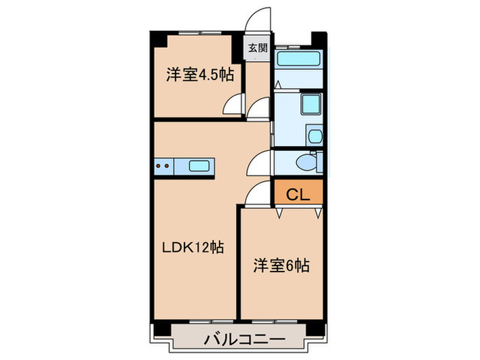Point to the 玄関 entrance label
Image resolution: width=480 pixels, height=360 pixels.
(x=258, y=48)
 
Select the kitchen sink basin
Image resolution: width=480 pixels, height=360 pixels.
(x=200, y=165)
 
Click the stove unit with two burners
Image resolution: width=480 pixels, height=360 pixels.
(x=164, y=165)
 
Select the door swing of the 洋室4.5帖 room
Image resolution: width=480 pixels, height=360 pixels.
(x=233, y=106)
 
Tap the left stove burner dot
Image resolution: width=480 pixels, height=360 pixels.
(x=159, y=165)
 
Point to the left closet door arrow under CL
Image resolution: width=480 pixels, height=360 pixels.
(x=280, y=213)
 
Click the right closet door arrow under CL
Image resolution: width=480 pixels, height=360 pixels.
(x=317, y=213)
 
